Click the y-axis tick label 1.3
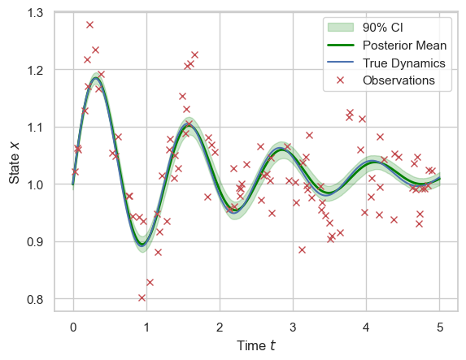coord(35,13)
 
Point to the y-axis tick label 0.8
coord(35,299)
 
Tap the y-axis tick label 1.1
coord(35,128)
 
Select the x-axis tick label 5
coord(440,327)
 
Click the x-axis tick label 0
coord(73,327)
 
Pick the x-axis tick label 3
coord(293,327)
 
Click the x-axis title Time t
coord(256,345)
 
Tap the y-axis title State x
coord(14,163)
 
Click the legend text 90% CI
coord(383,28)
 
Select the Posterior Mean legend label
coord(404,46)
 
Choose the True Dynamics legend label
coord(404,63)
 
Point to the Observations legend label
coord(398,80)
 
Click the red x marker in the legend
coord(340,80)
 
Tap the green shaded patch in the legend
coord(340,28)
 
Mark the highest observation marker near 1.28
coord(89,24)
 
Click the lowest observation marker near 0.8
coord(142,297)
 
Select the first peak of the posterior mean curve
coord(95,78)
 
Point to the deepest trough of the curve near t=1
coord(142,245)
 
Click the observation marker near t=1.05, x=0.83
coord(150,282)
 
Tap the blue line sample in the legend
coord(340,62)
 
